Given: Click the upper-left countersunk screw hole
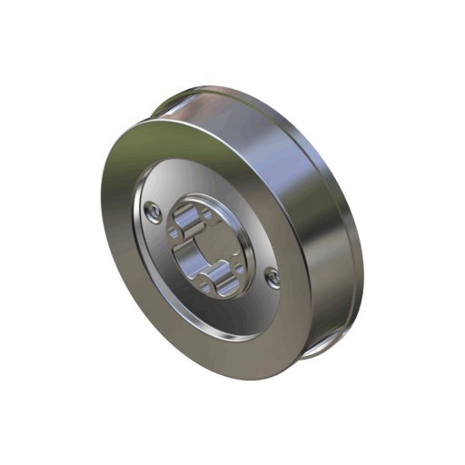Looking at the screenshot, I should pos(157,213).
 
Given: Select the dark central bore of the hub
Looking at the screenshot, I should pos(207,251).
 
